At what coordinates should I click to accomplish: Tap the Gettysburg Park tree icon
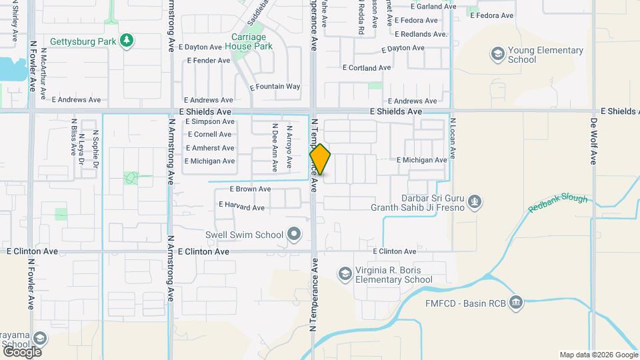[127, 41]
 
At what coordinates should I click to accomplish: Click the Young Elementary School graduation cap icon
[497, 53]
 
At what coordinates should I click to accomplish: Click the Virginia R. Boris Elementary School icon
[345, 274]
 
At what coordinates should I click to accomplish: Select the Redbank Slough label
[558, 203]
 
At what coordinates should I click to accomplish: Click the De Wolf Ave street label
[593, 141]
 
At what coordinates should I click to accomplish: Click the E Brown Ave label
[250, 189]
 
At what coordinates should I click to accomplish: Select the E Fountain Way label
[275, 87]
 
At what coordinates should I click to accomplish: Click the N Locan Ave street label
[452, 138]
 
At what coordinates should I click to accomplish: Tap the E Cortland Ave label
[366, 68]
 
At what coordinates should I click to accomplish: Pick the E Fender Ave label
[208, 61]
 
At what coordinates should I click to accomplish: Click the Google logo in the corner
[22, 351]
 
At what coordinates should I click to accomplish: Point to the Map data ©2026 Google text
[598, 355]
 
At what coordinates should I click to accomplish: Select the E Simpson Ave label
[210, 122]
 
